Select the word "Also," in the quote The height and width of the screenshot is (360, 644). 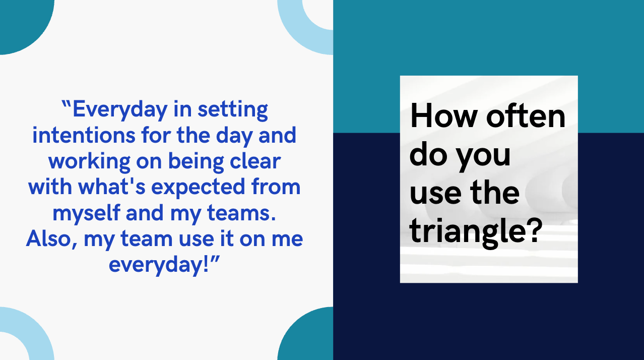pos(51,238)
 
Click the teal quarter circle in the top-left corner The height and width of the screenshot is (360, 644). pos(20,20)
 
